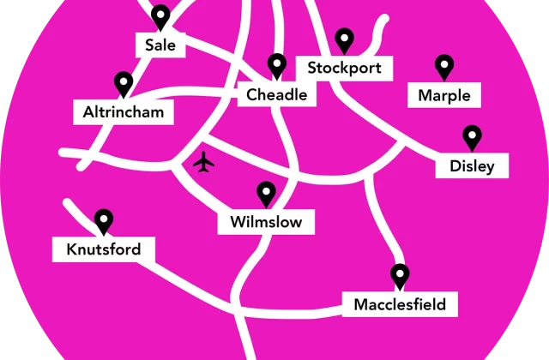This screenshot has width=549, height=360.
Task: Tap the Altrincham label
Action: pyautogui.click(x=124, y=112)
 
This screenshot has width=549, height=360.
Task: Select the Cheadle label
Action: pyautogui.click(x=276, y=95)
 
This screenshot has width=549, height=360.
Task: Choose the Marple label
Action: pyautogui.click(x=443, y=95)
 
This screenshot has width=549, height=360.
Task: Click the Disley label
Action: pyautogui.click(x=472, y=166)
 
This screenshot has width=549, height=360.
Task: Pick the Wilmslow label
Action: pyautogui.click(x=266, y=223)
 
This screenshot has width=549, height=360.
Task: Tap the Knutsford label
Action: pyautogui.click(x=103, y=250)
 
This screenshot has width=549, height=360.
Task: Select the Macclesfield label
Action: pyautogui.click(x=400, y=303)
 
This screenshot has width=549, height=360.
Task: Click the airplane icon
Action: pyautogui.click(x=203, y=161)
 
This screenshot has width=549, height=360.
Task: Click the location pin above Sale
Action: pyautogui.click(x=160, y=16)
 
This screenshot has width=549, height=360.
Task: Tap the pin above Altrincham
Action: pyautogui.click(x=124, y=84)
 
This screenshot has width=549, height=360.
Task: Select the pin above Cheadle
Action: pyautogui.click(x=276, y=65)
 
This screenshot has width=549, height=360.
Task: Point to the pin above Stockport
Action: pyautogui.click(x=344, y=39)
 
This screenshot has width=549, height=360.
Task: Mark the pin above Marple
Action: pyautogui.click(x=443, y=66)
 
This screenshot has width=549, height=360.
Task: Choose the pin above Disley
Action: pyautogui.click(x=472, y=137)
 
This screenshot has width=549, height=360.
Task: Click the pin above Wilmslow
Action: pyautogui.click(x=266, y=194)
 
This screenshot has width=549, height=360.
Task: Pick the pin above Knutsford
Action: pyautogui.click(x=104, y=221)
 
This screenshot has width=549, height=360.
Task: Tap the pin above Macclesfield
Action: pyautogui.click(x=400, y=275)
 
